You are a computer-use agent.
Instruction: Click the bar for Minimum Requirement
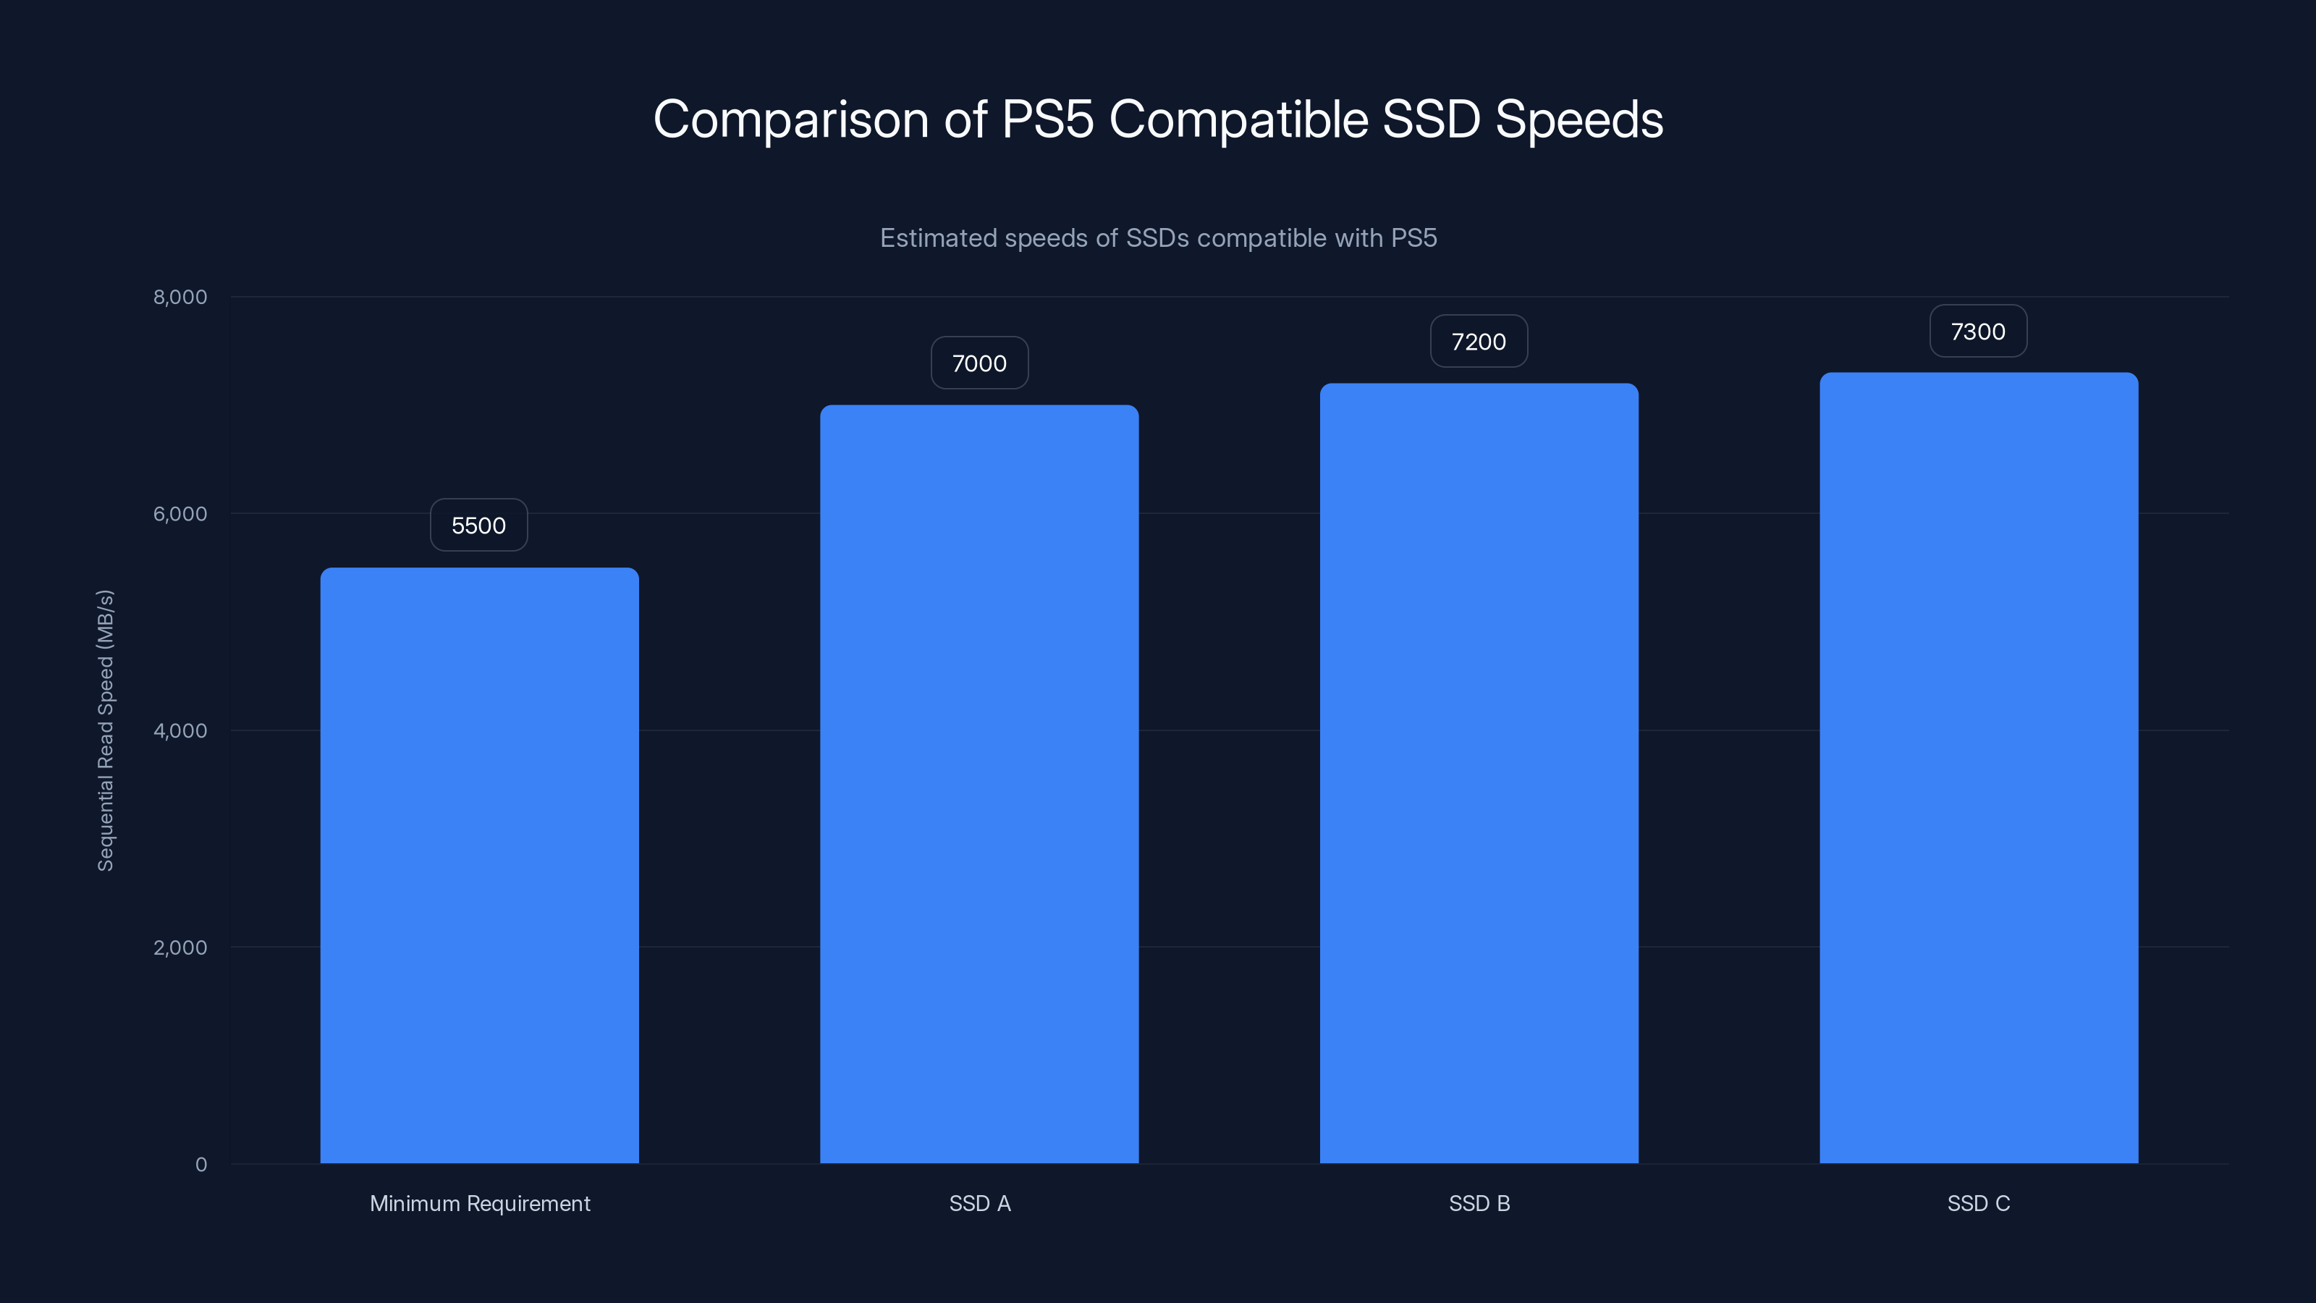tap(479, 865)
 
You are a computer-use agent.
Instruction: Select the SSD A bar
tap(979, 784)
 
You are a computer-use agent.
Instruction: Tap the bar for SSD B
tap(1479, 773)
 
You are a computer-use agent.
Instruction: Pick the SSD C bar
tap(1979, 768)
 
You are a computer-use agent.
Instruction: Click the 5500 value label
tap(478, 525)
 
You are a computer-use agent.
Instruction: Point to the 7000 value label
tap(979, 363)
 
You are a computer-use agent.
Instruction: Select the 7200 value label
tap(1479, 342)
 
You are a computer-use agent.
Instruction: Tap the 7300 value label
tap(1978, 332)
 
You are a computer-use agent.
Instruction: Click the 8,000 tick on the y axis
tap(179, 298)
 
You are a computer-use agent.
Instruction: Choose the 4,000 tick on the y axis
tap(179, 731)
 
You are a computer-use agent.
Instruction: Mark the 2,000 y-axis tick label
tap(179, 948)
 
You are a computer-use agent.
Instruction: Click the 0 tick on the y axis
tap(200, 1165)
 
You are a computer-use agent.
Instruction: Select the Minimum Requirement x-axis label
tap(480, 1203)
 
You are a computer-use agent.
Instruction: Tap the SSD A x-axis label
tap(980, 1203)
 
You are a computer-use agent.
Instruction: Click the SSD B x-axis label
tap(1479, 1203)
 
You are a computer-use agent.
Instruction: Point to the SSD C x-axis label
tap(1978, 1203)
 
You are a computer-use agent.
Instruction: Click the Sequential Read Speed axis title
tap(105, 730)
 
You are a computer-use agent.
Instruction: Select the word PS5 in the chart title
tap(1047, 119)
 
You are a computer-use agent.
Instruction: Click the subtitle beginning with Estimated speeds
tap(1158, 238)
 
